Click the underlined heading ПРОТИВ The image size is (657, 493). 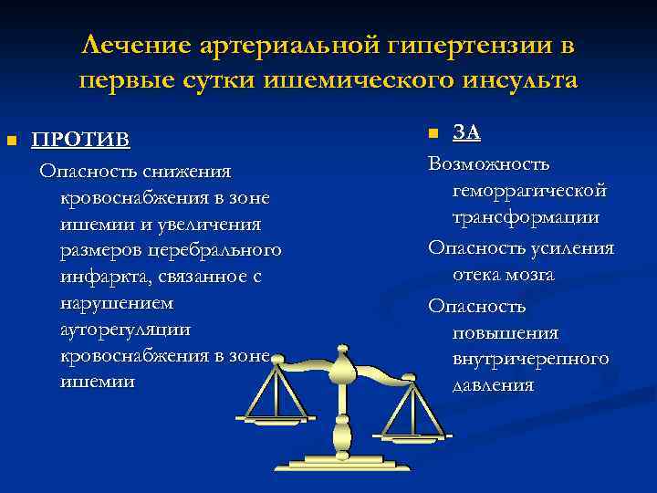pos(81,140)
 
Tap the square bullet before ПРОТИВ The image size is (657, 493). pos(11,141)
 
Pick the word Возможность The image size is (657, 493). pos(489,164)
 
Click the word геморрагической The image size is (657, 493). pos(529,191)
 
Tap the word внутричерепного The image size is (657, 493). pos(530,359)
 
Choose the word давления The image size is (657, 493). pos(493,385)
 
